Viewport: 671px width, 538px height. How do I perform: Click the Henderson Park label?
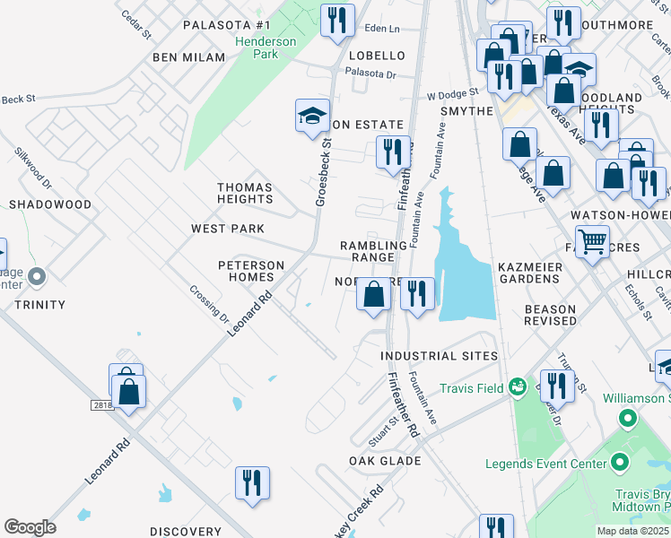265,48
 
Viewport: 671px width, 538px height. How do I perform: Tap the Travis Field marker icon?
517,387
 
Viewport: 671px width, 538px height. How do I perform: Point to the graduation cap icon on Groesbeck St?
312,116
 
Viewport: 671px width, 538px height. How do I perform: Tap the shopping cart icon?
592,240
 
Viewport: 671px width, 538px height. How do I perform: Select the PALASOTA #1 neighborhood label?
226,25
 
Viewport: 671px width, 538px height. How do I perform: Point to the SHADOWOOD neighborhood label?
50,204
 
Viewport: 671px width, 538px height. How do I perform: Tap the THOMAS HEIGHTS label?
245,193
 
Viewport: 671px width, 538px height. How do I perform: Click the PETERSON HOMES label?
251,272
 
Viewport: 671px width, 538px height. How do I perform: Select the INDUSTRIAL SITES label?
439,356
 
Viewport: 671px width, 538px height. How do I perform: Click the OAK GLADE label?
385,461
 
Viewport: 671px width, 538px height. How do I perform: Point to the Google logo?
30,527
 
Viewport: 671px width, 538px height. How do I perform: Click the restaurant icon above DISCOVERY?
252,482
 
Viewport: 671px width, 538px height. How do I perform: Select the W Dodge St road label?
453,94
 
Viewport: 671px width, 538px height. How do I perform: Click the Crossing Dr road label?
210,302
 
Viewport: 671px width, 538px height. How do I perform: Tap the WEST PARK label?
227,229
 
